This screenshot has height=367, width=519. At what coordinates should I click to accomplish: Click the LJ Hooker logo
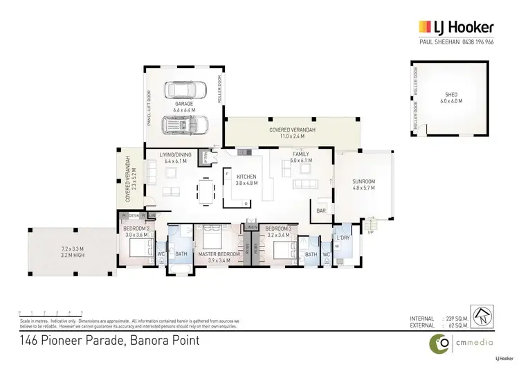[x=455, y=28]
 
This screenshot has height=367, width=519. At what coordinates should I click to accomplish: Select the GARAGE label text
[x=183, y=104]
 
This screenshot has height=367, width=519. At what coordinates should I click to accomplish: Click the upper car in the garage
[x=184, y=90]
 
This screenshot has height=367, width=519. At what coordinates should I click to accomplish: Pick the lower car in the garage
[x=183, y=125]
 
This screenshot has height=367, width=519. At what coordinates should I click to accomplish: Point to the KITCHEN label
[x=247, y=177]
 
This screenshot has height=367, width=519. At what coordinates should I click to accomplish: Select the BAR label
[x=321, y=210]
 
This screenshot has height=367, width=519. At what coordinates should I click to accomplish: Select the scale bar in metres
[x=51, y=312]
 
